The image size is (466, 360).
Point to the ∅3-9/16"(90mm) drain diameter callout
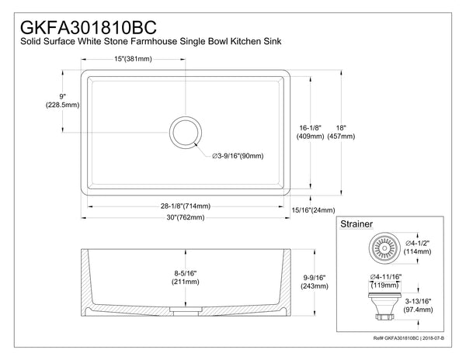tap(238, 156)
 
